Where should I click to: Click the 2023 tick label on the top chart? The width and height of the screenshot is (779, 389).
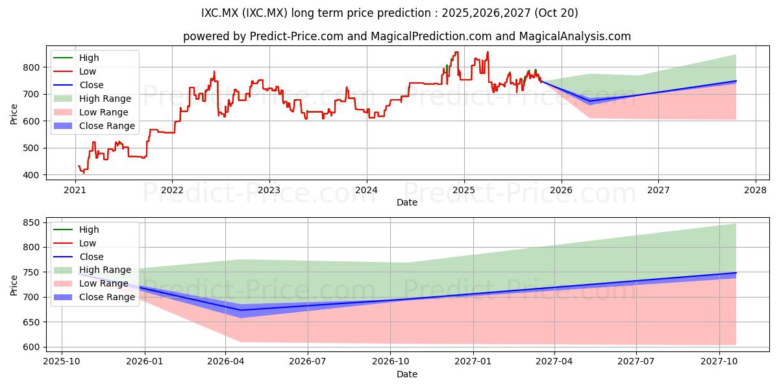[269, 191]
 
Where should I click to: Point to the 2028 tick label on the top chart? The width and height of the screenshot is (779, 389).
[756, 191]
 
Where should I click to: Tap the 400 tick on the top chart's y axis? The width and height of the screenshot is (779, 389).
[32, 175]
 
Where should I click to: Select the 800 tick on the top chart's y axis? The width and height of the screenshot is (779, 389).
[32, 67]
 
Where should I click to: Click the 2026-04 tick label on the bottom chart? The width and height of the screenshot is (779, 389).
[225, 362]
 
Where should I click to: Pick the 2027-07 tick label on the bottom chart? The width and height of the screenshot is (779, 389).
[636, 362]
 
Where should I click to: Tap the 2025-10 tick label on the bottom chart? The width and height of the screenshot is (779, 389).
[62, 362]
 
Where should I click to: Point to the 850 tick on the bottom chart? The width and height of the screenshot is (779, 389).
[32, 222]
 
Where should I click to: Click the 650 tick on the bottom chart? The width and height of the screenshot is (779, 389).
[32, 322]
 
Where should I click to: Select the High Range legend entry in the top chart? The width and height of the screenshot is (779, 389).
[92, 99]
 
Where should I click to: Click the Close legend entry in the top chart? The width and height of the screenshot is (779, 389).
[79, 85]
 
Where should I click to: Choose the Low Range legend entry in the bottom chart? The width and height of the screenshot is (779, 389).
[91, 283]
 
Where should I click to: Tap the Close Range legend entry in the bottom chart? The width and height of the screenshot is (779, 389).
[94, 297]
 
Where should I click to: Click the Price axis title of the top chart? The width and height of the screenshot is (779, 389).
[14, 114]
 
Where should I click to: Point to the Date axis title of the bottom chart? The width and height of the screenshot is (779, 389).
[407, 374]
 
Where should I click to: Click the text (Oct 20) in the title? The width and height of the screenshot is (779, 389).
[556, 13]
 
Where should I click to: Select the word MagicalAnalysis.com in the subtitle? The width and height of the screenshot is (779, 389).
[575, 36]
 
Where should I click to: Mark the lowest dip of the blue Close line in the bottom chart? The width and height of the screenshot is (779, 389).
[241, 310]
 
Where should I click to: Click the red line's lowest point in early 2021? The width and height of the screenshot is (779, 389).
[84, 172]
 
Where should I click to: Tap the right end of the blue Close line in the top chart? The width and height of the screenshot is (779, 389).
[736, 81]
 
